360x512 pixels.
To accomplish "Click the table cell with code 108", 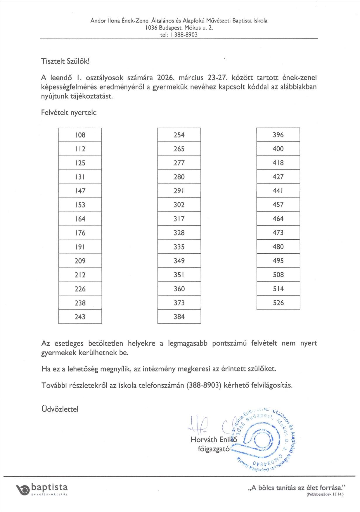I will point(80,135).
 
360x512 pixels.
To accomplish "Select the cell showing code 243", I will point(80,317).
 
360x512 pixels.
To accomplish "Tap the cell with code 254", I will point(179,135).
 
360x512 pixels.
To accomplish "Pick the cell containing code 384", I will point(179,317).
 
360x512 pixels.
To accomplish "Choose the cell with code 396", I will point(278,135).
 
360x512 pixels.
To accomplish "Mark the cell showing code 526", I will point(278,303).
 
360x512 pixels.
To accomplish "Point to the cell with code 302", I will point(179,205).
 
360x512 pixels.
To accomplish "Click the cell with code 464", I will point(278,219).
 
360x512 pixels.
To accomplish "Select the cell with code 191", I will point(80,247).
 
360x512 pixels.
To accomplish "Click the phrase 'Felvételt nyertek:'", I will point(69,113).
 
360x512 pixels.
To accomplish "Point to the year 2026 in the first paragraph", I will point(166,78).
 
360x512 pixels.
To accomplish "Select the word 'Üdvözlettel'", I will point(60,409).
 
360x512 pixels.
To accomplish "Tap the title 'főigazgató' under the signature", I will point(214,449).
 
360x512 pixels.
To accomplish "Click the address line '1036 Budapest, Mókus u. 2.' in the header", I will point(179,28).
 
